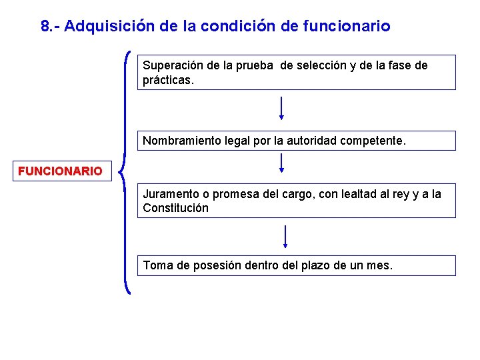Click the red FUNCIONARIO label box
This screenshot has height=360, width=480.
(60, 171)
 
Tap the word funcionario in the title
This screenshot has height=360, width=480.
(346, 27)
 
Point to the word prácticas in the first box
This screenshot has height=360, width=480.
(166, 80)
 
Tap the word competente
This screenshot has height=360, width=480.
(379, 141)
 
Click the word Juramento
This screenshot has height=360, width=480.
(171, 194)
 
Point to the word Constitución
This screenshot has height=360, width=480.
(175, 208)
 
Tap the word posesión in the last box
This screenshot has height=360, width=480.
(219, 265)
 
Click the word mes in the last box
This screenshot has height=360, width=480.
(379, 265)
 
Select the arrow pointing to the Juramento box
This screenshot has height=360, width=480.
(282, 163)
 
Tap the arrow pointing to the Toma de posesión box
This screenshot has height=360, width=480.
(285, 236)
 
